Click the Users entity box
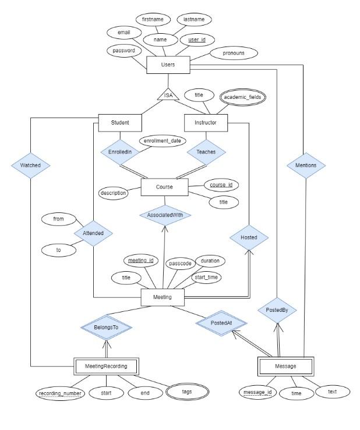point(168,65)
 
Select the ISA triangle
point(168,95)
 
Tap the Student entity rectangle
point(119,123)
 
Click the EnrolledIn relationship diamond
point(120,151)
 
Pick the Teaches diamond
point(206,151)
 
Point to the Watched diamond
point(30,165)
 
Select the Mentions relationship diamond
point(305,165)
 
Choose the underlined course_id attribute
point(221,185)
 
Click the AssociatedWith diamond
point(165,215)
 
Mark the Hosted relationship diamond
point(249,237)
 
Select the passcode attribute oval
point(180,264)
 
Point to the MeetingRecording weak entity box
point(106,366)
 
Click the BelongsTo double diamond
point(107,328)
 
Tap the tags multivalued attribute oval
point(186,392)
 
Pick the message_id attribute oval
point(257,393)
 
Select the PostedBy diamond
point(277,310)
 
